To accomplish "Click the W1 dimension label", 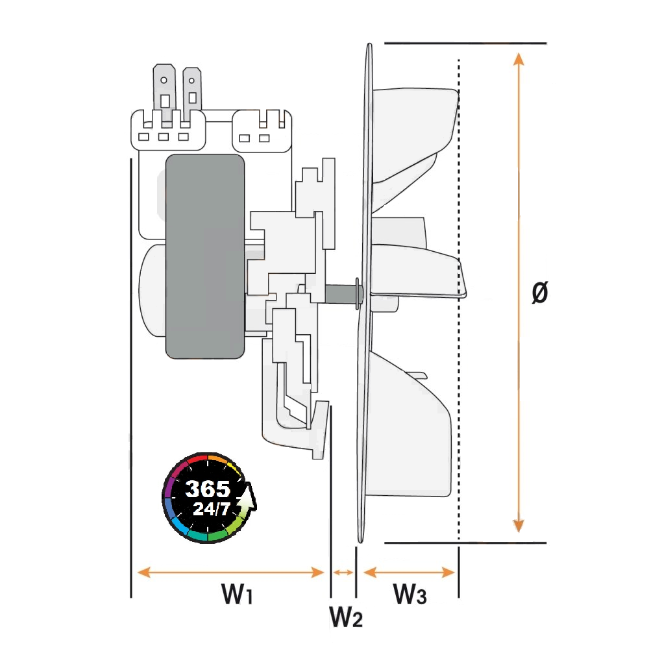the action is pyautogui.click(x=237, y=594).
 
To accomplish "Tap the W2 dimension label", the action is pyautogui.click(x=346, y=617).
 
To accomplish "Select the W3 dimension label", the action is pyautogui.click(x=410, y=594).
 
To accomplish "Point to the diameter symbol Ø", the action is pyautogui.click(x=540, y=292).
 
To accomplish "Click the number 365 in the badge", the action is pyautogui.click(x=208, y=489).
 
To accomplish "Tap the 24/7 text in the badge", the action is pyautogui.click(x=212, y=509).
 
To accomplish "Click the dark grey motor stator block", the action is pyautogui.click(x=205, y=256).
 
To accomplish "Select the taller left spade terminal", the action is pyautogui.click(x=164, y=92).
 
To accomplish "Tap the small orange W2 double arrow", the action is pyautogui.click(x=343, y=572).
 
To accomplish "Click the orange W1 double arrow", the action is pyautogui.click(x=230, y=572).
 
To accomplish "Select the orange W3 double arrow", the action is pyautogui.click(x=409, y=572).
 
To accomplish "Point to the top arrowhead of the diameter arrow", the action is pyautogui.click(x=519, y=59).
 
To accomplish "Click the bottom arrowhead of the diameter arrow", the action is pyautogui.click(x=519, y=526).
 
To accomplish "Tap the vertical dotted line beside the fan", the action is pyautogui.click(x=459, y=300).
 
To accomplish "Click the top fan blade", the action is pyautogui.click(x=414, y=132).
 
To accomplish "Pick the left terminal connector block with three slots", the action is pyautogui.click(x=168, y=130).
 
